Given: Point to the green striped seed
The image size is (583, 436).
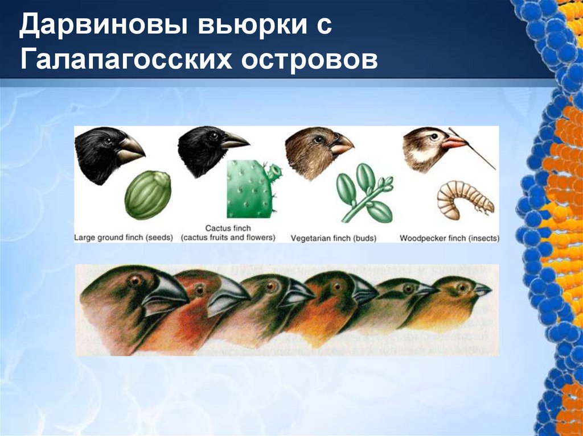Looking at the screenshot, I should pyautogui.click(x=147, y=195).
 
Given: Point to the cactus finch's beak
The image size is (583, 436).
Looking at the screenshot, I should pyautogui.click(x=234, y=140).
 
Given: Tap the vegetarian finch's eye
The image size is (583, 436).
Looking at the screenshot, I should pyautogui.click(x=319, y=139).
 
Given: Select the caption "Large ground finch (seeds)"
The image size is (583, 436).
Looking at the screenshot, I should pyautogui.click(x=124, y=238).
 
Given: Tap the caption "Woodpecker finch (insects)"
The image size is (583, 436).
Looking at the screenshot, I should pyautogui.click(x=449, y=238).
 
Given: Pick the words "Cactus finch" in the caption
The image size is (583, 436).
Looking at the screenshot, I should pyautogui.click(x=228, y=229).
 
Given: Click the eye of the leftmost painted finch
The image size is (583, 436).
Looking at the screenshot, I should pyautogui.click(x=136, y=280).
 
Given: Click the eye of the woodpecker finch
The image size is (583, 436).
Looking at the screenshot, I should pyautogui.click(x=434, y=136).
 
